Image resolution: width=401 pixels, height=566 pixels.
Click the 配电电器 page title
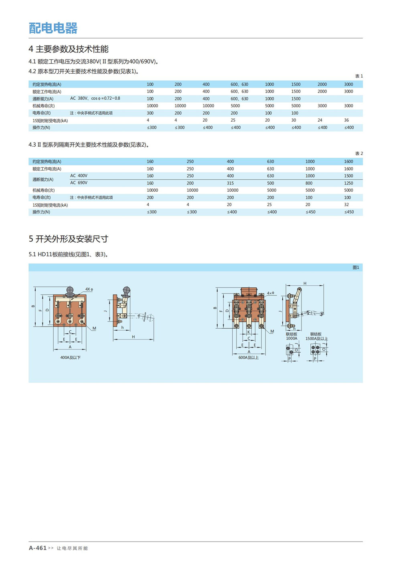(x=53, y=28)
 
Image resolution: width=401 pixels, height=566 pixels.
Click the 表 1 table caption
(x=359, y=76)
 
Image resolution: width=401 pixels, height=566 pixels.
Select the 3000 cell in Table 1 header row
(x=348, y=84)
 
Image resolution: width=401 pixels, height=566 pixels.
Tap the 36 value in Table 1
(x=346, y=120)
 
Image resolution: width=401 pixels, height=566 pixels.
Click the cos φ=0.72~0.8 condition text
(x=105, y=98)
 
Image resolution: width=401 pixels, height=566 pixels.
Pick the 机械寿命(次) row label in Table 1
(x=44, y=106)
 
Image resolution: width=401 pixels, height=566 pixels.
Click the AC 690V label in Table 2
(x=79, y=183)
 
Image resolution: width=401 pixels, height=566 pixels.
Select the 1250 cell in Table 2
(x=348, y=183)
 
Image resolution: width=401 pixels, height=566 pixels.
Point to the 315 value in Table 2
(x=230, y=183)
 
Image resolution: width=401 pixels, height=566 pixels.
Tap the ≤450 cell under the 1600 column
(x=349, y=212)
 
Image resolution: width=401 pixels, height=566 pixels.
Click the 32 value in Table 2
(x=346, y=205)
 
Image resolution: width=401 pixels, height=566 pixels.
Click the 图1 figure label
(x=356, y=267)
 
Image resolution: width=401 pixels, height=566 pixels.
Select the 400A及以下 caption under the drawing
(x=71, y=357)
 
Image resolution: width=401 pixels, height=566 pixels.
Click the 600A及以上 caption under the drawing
(x=248, y=357)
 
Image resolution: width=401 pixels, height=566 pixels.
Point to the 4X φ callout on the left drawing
(x=89, y=289)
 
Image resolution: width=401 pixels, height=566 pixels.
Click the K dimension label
(x=249, y=332)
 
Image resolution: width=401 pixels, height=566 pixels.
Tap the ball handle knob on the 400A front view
(x=71, y=290)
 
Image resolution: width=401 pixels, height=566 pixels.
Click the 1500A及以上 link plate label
(x=316, y=339)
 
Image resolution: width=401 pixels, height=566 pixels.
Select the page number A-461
(x=38, y=548)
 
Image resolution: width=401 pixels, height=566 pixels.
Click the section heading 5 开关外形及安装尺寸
(x=68, y=239)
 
